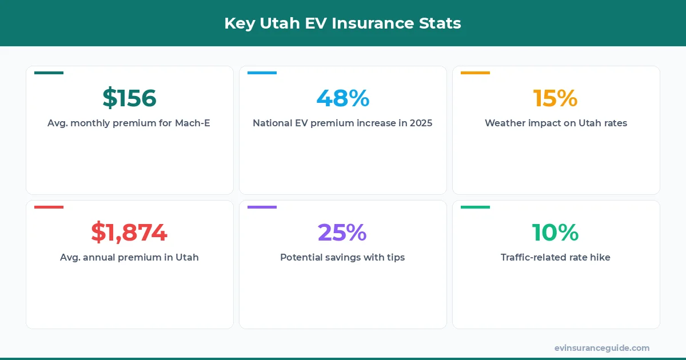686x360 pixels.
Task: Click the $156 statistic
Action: click(129, 98)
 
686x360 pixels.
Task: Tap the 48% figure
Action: click(343, 98)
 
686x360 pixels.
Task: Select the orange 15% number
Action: click(555, 98)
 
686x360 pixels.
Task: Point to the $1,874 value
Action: click(129, 233)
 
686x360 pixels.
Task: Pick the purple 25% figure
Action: click(342, 233)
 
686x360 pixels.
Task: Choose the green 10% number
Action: click(555, 233)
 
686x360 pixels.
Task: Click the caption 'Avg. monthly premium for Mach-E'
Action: click(129, 123)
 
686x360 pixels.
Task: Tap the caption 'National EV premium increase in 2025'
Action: click(342, 123)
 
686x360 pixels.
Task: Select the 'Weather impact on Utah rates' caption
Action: click(556, 123)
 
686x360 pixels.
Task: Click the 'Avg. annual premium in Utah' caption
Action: click(129, 257)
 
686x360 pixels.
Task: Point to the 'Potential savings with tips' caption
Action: click(342, 257)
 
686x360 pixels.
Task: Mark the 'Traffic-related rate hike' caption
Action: click(556, 257)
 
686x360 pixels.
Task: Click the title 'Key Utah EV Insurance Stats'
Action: click(342, 23)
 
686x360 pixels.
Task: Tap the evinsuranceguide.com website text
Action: click(602, 348)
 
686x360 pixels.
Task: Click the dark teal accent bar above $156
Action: click(49, 73)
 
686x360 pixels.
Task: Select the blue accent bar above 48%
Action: click(262, 73)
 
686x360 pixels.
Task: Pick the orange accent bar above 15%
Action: click(475, 73)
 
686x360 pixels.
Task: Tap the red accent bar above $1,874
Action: click(49, 207)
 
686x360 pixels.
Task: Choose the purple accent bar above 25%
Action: click(262, 207)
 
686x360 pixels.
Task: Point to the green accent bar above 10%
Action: click(475, 207)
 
